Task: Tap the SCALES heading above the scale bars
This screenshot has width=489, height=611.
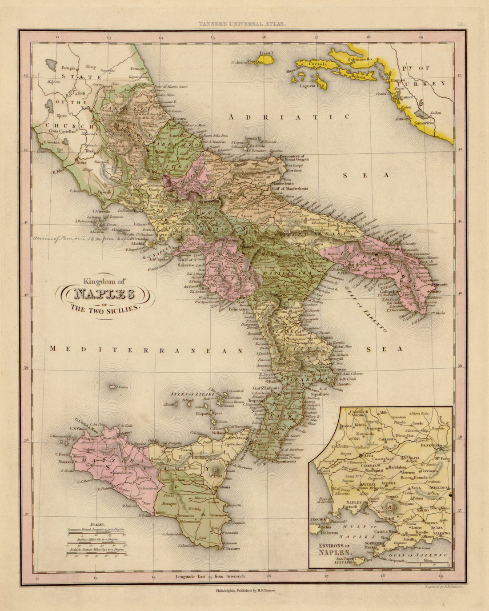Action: coord(96,525)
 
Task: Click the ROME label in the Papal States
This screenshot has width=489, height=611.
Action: coord(82,162)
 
